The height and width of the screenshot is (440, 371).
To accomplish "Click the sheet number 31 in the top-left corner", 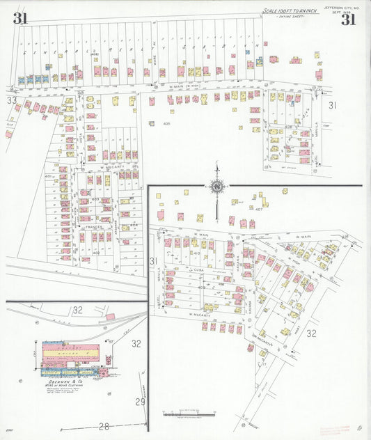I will [x=19, y=19].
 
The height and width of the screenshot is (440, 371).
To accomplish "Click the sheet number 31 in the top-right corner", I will [x=348, y=19].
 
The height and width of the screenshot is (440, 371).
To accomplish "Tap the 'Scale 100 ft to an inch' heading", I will [x=290, y=11].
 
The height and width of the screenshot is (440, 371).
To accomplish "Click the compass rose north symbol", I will [x=217, y=186].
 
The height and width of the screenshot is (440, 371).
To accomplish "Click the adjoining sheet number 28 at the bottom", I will [x=104, y=426].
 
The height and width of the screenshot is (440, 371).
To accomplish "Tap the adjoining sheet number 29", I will [x=140, y=402].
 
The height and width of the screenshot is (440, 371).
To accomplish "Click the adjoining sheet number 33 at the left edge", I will [x=11, y=100].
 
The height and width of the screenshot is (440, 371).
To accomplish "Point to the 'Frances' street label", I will [x=92, y=228].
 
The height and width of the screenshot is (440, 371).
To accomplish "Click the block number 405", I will [x=166, y=124].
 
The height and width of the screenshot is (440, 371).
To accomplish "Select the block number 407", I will [x=259, y=209].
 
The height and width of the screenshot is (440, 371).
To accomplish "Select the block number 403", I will [x=95, y=200].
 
